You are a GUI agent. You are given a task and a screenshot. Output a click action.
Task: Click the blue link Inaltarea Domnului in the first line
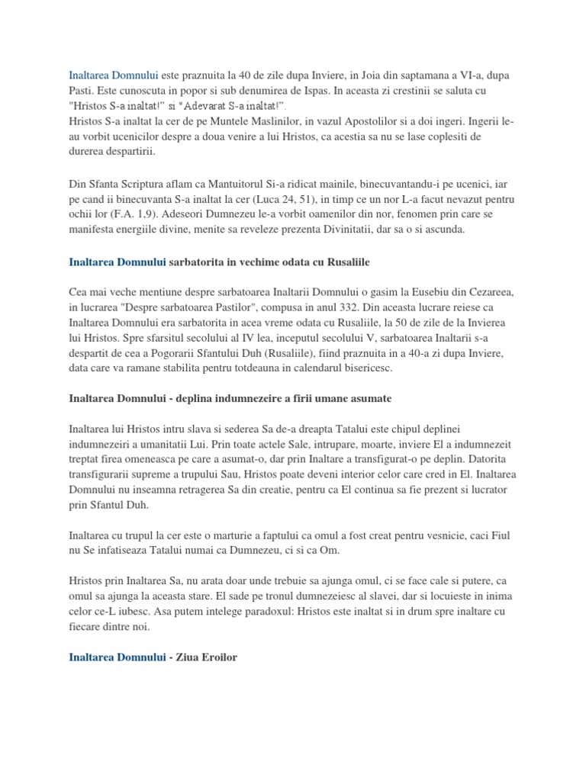pyautogui.click(x=114, y=76)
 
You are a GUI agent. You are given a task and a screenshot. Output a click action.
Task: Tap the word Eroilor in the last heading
pyautogui.click(x=221, y=656)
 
